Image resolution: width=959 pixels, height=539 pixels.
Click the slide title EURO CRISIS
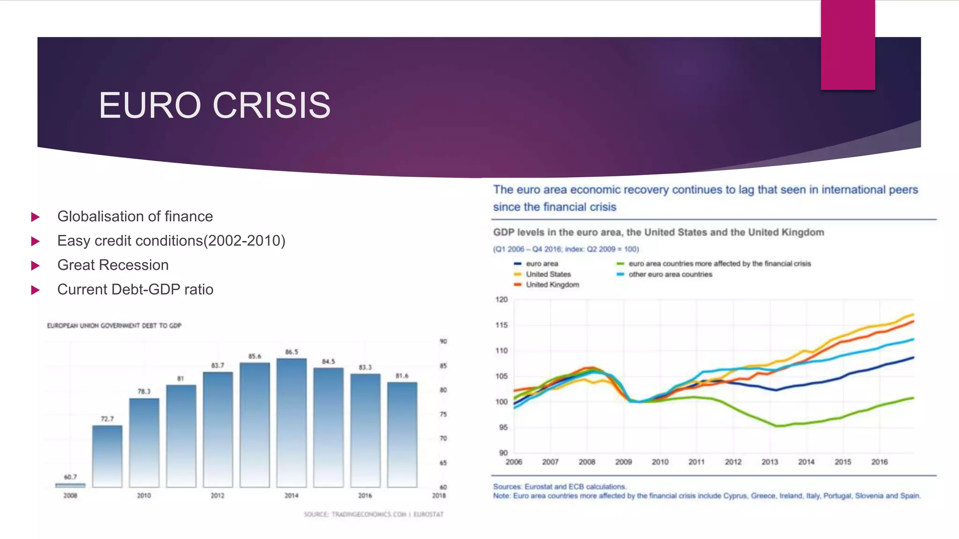(x=214, y=105)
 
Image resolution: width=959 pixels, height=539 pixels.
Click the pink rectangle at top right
(x=848, y=44)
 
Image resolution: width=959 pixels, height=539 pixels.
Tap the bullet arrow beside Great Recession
(x=35, y=266)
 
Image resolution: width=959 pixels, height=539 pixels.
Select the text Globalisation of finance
(x=135, y=216)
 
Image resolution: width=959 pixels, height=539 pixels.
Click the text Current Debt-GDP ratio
(x=135, y=289)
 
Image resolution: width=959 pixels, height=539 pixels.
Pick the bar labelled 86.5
(x=291, y=421)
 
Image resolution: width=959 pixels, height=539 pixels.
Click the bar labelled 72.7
(x=107, y=456)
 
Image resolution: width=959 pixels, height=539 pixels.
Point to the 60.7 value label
(x=70, y=477)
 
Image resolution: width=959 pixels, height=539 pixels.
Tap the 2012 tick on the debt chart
(x=217, y=495)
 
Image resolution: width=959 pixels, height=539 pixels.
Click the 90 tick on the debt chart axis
(x=443, y=341)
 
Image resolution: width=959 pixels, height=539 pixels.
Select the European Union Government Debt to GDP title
(x=114, y=325)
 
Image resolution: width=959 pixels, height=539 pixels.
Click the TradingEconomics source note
(x=373, y=514)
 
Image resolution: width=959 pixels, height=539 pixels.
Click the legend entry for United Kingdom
(x=552, y=284)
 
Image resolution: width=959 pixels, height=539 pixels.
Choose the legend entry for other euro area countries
(x=670, y=274)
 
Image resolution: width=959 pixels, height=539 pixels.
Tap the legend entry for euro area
(x=541, y=263)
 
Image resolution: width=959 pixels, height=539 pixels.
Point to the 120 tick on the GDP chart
(x=501, y=299)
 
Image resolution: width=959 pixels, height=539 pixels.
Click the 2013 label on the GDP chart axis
(x=769, y=462)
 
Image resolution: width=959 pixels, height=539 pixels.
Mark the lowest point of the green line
(x=777, y=426)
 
